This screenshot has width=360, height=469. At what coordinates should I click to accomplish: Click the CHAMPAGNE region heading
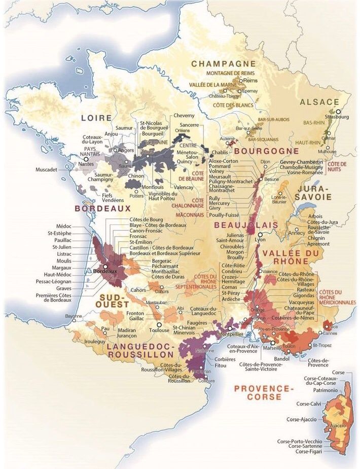(223, 63)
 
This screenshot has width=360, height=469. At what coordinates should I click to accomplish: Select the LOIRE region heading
(96, 118)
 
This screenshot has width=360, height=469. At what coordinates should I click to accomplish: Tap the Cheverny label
(184, 115)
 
